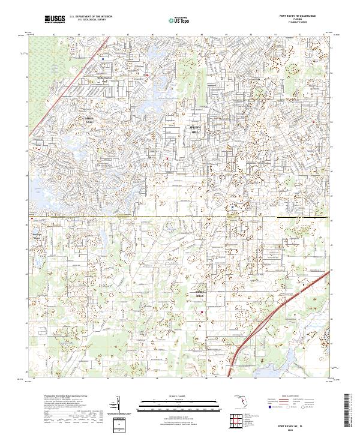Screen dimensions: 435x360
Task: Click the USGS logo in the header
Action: pyautogui.click(x=55, y=19)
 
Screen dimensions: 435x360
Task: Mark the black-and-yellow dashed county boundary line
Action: pyautogui.click(x=180, y=216)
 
